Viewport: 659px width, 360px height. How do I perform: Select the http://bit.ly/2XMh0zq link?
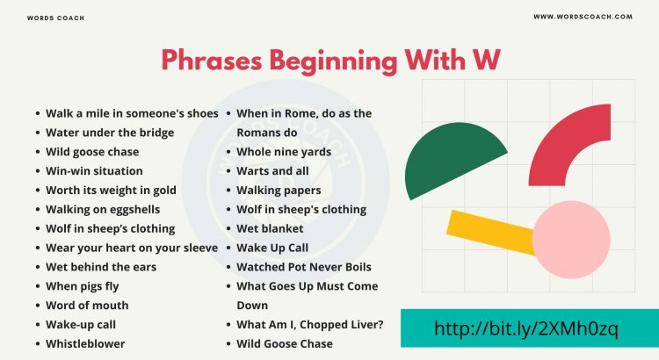(x=526, y=329)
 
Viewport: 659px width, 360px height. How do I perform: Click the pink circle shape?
(x=571, y=240)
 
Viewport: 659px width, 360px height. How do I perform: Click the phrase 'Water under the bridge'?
(x=110, y=133)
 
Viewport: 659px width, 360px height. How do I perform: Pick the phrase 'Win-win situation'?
(x=94, y=171)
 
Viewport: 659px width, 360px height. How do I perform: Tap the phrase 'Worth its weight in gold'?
(x=111, y=191)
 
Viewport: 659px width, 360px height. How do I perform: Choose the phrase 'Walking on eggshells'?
(x=104, y=210)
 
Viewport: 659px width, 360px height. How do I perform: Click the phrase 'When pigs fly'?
(x=82, y=286)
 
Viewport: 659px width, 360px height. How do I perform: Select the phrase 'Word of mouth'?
(x=87, y=306)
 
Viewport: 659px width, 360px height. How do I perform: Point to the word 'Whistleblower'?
(x=85, y=344)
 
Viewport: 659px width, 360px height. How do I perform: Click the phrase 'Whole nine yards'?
(x=284, y=152)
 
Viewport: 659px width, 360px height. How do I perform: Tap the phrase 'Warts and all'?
(x=273, y=171)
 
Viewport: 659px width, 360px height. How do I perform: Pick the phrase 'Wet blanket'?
(x=270, y=229)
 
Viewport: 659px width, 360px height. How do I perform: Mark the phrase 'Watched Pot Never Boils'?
(x=304, y=267)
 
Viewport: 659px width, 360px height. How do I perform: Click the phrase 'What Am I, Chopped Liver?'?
(x=309, y=325)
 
